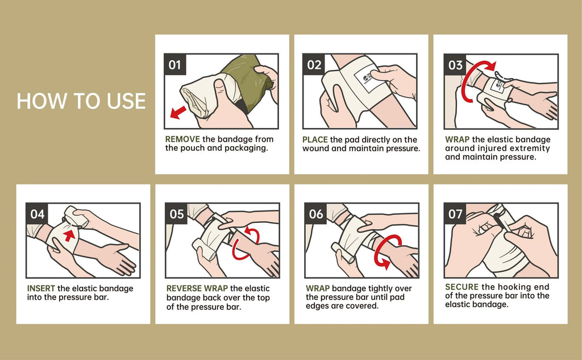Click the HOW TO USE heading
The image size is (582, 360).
tap(81, 101)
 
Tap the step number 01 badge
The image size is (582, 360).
tap(175, 65)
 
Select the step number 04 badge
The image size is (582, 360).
tap(37, 214)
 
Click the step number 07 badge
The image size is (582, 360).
tap(456, 214)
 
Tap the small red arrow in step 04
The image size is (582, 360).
tap(69, 235)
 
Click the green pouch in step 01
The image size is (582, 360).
tap(247, 82)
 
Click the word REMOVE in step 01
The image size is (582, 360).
tap(182, 139)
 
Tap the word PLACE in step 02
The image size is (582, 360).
tap(315, 139)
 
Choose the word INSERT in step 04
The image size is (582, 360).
tap(41, 288)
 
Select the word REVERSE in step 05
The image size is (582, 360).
tap(185, 288)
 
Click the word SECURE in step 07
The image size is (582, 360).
tap(462, 287)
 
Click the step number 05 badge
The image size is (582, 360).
tap(177, 214)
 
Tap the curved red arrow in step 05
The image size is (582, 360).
tap(245, 243)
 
